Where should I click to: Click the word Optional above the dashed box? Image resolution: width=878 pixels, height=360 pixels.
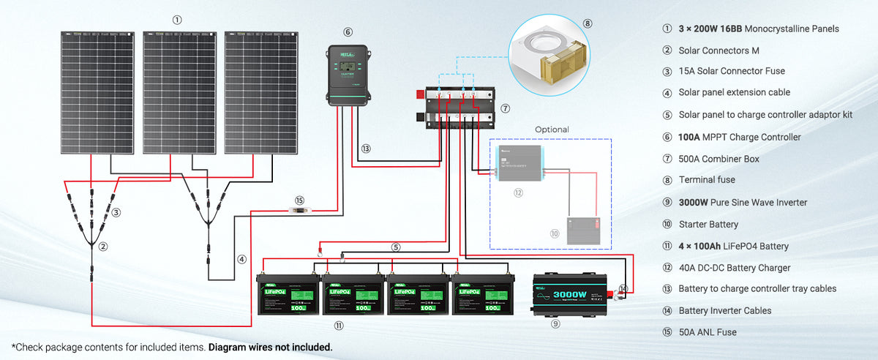[552, 130]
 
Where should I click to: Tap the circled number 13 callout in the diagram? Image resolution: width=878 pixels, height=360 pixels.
[366, 148]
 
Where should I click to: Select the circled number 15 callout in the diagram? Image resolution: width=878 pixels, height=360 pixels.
[299, 200]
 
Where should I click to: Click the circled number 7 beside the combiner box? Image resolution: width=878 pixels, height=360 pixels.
[505, 108]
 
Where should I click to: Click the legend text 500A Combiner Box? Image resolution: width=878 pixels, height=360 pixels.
[718, 159]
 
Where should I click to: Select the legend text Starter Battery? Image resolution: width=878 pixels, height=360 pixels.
[708, 224]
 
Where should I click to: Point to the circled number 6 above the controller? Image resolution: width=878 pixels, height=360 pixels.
[348, 32]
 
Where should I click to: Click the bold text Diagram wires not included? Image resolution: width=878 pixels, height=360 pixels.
[270, 347]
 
